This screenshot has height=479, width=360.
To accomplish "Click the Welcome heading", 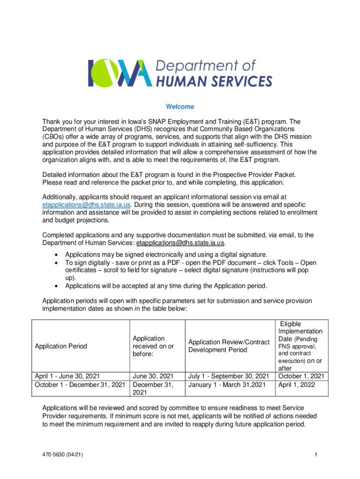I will click(180, 107).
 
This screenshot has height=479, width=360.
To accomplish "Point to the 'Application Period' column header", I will click(61, 347).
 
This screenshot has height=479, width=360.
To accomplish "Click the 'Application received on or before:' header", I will click(153, 346).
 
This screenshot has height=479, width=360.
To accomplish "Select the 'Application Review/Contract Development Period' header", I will click(228, 346).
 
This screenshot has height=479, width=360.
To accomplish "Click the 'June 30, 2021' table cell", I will click(153, 376).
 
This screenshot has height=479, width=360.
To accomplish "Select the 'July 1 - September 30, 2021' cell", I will click(228, 376).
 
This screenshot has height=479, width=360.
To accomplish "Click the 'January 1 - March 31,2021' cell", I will click(225, 385).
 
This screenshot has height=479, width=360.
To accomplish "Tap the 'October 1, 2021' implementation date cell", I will click(301, 376).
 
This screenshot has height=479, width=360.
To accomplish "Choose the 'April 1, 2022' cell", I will click(296, 385).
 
